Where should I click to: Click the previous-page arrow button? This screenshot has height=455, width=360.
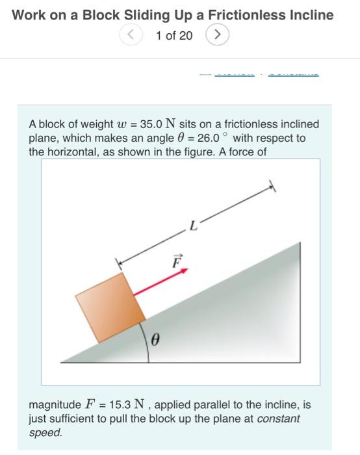pos(131,35)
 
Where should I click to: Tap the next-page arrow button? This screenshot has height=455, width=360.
pos(217,35)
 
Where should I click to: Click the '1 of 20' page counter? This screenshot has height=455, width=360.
pos(174,36)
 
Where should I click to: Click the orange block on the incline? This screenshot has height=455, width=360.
pos(110,307)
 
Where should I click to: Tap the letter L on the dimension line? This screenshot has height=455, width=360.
pos(193,226)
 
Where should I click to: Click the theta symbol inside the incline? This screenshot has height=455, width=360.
pos(155,339)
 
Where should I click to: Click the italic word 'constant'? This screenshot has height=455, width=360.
pos(279,419)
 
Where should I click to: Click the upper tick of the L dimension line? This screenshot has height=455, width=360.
pos(272,187)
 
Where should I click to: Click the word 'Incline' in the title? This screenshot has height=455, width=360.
pos(311,14)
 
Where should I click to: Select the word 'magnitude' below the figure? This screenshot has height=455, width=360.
pos(55,405)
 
